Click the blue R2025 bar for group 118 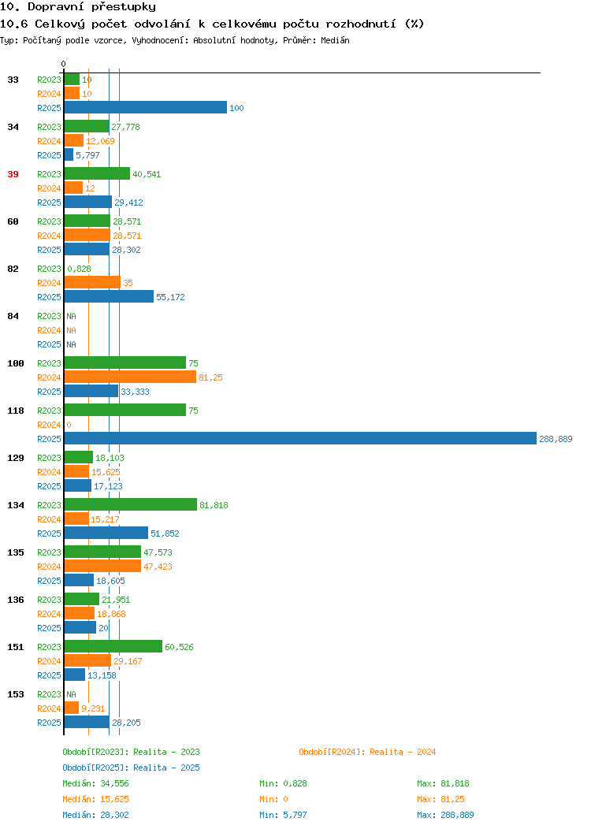300,438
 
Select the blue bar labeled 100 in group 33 145,107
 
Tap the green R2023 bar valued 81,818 131,504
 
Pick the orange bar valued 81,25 130,377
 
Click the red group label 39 13,174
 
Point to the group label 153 15,694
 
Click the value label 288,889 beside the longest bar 556,439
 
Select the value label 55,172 170,297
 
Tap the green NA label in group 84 72,316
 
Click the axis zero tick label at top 64,64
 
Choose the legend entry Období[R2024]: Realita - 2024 367,752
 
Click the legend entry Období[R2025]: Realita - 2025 131,768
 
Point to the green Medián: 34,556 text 95,783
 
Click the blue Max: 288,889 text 445,816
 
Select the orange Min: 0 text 273,799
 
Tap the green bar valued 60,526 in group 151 113,646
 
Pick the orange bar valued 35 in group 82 92,282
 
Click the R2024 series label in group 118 49,425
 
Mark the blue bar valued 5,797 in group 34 69,154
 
